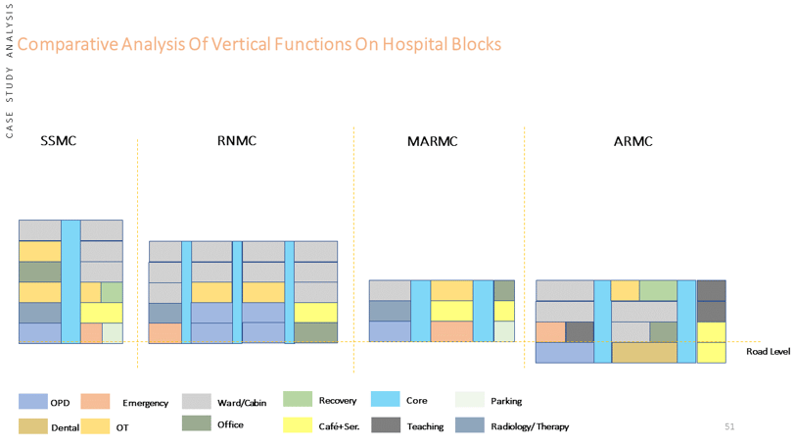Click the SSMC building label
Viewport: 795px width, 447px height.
(59, 140)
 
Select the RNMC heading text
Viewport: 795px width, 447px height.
(237, 140)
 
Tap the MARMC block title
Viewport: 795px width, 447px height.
(433, 141)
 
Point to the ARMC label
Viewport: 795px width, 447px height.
(633, 141)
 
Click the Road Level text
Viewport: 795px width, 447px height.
(768, 352)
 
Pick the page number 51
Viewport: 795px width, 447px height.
(729, 426)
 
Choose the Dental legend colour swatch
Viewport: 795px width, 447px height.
(33, 426)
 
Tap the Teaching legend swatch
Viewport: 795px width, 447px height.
(386, 425)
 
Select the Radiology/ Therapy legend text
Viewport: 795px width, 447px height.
(530, 426)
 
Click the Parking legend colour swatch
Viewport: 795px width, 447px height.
(470, 399)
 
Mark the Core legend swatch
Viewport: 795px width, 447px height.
(386, 399)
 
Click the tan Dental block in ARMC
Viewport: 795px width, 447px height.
(644, 353)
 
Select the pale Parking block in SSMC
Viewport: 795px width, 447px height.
(113, 333)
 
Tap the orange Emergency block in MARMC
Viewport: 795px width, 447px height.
(451, 331)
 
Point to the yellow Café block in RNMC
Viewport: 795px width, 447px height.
(316, 313)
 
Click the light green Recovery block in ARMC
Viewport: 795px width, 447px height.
(658, 291)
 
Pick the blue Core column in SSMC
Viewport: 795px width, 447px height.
(70, 281)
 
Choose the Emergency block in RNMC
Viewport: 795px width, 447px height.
(165, 333)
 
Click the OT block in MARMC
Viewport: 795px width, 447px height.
(451, 291)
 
